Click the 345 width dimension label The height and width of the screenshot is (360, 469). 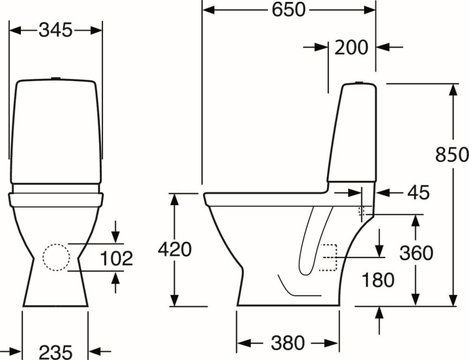coord(56,30)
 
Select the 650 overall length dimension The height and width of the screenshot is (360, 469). coord(289,9)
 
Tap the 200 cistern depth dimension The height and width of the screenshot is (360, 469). coord(351,47)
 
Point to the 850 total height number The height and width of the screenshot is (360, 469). coord(452,154)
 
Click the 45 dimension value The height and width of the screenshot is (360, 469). coord(418,192)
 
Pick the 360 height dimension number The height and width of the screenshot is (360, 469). coord(416,253)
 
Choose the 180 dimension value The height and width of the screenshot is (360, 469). coord(378,280)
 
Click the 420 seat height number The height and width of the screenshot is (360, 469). coord(174,249)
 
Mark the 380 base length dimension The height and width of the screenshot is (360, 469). coord(287,343)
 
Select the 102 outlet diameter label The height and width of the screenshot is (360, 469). coord(116,258)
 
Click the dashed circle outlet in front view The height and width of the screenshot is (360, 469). coord(56,257)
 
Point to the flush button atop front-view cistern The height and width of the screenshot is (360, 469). coord(56,78)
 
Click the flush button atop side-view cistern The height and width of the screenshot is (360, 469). coord(359,82)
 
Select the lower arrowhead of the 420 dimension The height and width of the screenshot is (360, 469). coord(174,300)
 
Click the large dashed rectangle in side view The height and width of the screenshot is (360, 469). coord(330,258)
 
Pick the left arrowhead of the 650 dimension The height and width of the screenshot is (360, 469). coord(208,9)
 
